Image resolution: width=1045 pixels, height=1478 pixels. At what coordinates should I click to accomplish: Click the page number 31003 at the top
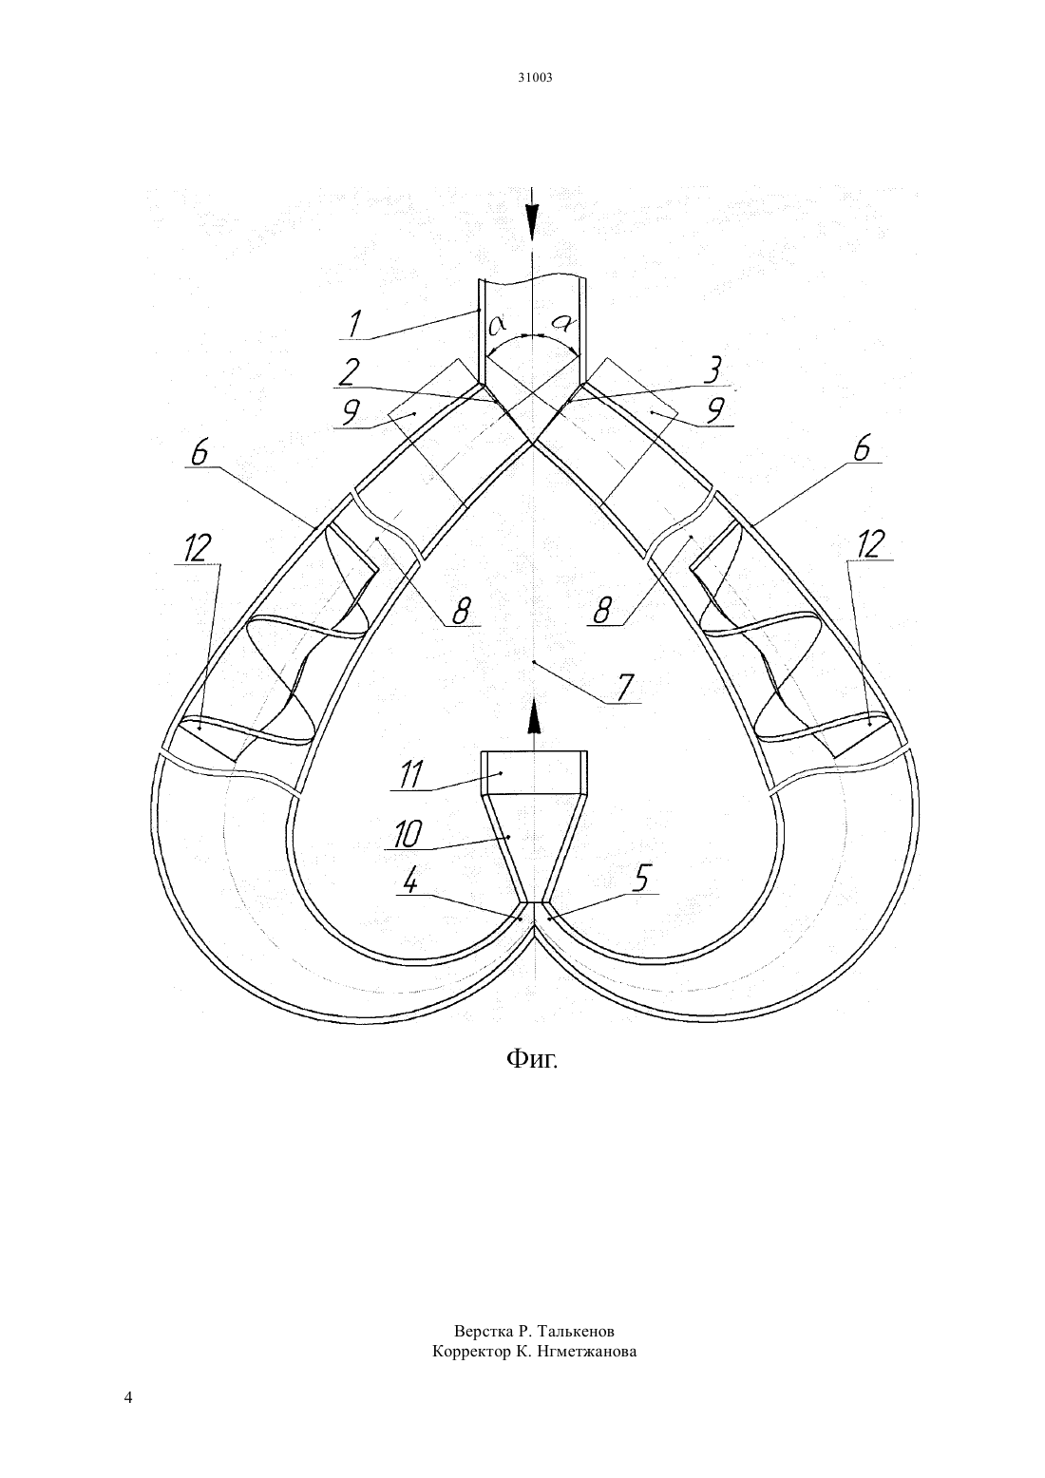tap(534, 78)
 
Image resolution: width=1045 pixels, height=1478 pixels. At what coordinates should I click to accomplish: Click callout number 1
tap(355, 323)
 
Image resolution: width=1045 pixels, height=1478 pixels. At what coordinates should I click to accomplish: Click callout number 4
tap(410, 881)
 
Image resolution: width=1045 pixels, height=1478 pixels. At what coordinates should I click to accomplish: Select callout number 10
tap(407, 835)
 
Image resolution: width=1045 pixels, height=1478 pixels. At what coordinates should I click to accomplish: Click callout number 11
tap(409, 775)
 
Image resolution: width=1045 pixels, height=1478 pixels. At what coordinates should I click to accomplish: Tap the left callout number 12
tap(197, 548)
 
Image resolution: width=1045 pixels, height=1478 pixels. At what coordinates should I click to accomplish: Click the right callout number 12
tap(870, 545)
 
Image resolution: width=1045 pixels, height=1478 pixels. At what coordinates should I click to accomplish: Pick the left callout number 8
tap(461, 611)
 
